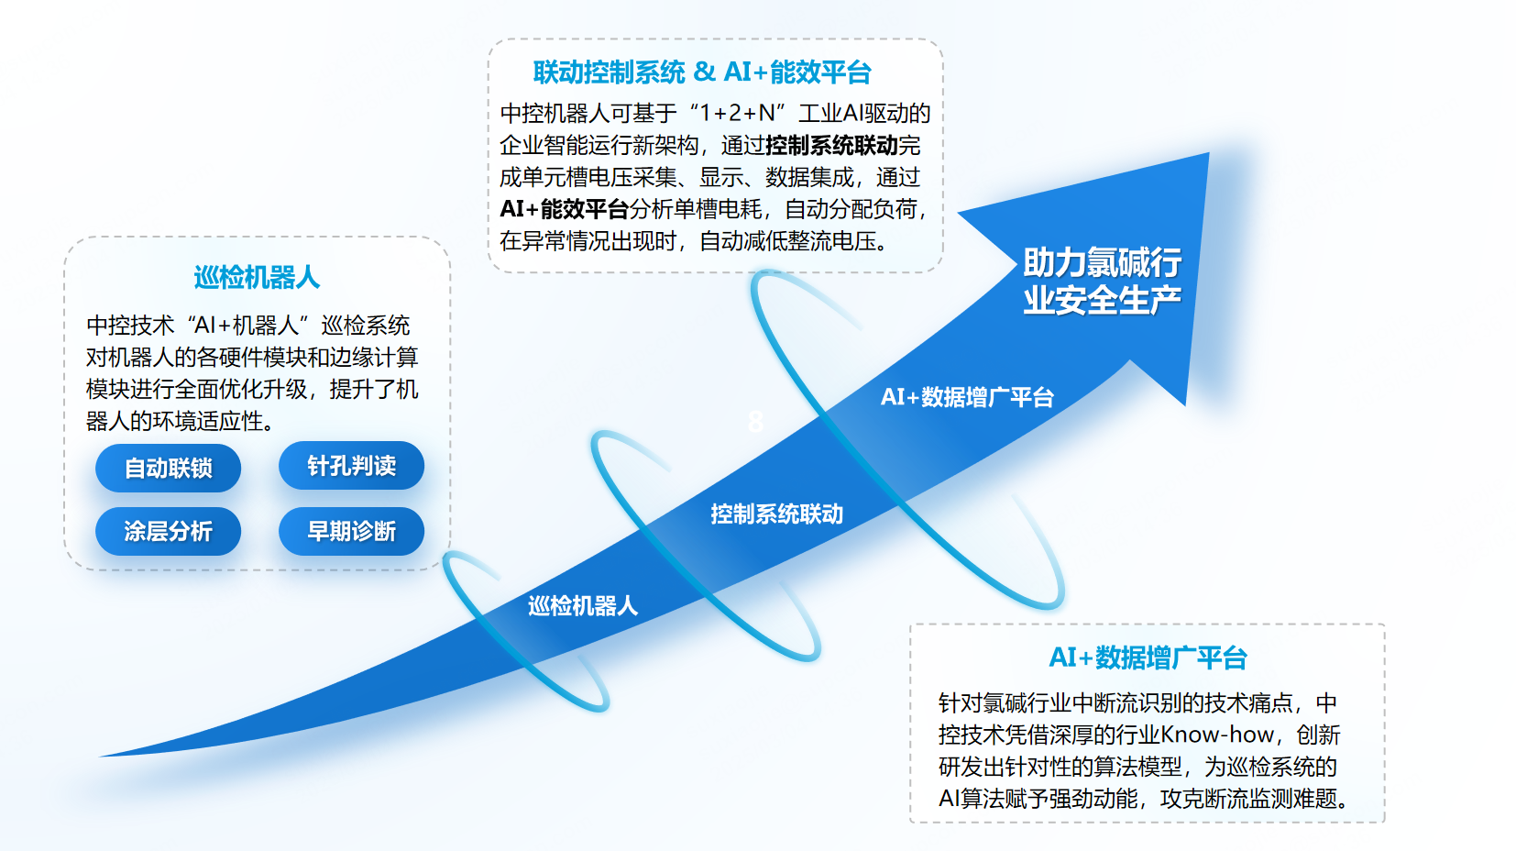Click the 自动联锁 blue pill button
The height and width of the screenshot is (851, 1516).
point(168,469)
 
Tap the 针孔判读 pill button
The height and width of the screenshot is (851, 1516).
point(351,466)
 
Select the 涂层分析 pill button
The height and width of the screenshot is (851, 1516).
point(168,531)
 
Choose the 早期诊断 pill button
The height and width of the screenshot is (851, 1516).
point(351,531)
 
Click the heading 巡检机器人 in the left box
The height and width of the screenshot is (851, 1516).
point(257,277)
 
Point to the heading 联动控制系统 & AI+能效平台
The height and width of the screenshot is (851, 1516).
point(702,72)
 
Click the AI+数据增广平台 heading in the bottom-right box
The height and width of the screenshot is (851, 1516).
point(1148,658)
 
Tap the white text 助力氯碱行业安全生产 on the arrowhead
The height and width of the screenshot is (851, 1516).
point(1102,282)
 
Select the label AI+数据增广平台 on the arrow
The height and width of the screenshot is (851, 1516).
point(967,397)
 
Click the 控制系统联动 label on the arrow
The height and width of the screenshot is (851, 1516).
point(776,514)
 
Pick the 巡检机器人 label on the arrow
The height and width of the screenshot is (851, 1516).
point(583,606)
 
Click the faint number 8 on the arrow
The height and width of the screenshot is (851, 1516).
point(755,422)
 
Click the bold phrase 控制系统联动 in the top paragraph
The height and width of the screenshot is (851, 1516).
point(831,146)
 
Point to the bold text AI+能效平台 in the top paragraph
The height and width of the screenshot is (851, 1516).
point(564,209)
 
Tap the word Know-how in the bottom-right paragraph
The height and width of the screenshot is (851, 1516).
point(1217,735)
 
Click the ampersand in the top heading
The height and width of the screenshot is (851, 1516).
point(704,72)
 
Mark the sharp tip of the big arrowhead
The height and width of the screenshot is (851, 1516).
point(1207,155)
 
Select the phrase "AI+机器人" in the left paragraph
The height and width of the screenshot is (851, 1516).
point(247,326)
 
